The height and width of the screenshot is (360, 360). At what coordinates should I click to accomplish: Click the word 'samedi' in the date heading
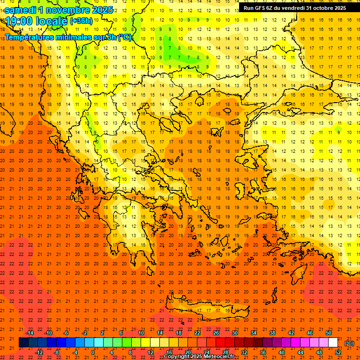tap(21, 10)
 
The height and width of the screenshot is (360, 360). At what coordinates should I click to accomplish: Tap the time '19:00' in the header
tap(19, 21)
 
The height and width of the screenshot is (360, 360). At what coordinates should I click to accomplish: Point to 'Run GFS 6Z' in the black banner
tap(258, 7)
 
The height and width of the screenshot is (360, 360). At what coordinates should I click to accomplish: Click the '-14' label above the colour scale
tap(30, 333)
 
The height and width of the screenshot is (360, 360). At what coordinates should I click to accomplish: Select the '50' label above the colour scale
tap(328, 333)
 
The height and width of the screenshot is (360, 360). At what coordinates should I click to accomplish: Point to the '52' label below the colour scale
tap(337, 352)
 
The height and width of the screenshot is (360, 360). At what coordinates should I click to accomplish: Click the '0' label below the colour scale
tap(93, 352)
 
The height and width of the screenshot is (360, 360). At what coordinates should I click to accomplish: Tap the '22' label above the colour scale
tap(197, 333)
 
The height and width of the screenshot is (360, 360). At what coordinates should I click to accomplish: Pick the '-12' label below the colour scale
tap(39, 352)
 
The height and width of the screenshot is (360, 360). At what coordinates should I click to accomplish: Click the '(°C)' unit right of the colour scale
tap(349, 343)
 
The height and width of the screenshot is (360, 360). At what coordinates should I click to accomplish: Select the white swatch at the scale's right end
tap(333, 343)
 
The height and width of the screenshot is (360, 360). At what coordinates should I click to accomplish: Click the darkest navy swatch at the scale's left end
tap(23, 343)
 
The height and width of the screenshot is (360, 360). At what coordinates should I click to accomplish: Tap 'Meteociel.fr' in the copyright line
tap(218, 357)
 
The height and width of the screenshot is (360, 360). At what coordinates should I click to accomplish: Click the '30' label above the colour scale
tap(235, 333)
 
